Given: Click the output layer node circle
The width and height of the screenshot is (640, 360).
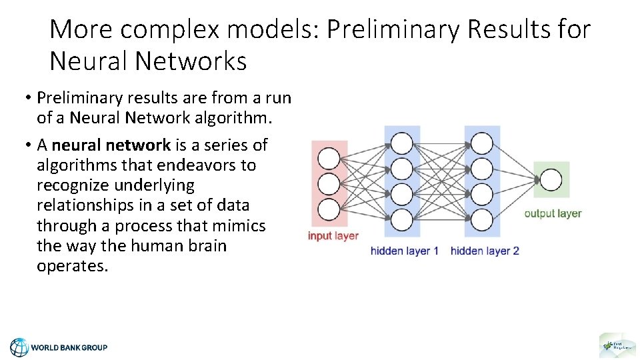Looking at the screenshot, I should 551,179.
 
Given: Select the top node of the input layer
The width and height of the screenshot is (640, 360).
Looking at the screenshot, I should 329,159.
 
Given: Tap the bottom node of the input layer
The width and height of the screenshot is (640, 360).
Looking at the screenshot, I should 329,209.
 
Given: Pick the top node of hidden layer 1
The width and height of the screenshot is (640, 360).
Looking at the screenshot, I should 401,143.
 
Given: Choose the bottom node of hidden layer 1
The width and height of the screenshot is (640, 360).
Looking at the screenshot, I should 401,219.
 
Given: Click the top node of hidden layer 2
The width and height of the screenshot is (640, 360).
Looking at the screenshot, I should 481,143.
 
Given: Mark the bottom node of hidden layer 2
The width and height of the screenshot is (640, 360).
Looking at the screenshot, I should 481,219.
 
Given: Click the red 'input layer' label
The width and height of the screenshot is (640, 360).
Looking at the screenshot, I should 333,236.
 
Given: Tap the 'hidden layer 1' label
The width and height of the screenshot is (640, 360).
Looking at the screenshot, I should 405,251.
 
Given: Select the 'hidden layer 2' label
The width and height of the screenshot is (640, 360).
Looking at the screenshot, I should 485,251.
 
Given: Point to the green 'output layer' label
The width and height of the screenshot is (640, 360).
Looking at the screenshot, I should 553,213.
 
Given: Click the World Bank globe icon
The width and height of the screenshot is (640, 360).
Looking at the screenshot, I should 19,347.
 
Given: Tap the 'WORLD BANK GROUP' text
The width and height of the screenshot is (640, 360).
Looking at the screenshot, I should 69,347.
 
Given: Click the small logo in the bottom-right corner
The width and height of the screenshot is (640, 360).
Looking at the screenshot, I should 617,345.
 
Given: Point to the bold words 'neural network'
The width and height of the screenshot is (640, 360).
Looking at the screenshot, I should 111,145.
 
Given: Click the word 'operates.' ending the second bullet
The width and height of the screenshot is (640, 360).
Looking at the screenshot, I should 72,266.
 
